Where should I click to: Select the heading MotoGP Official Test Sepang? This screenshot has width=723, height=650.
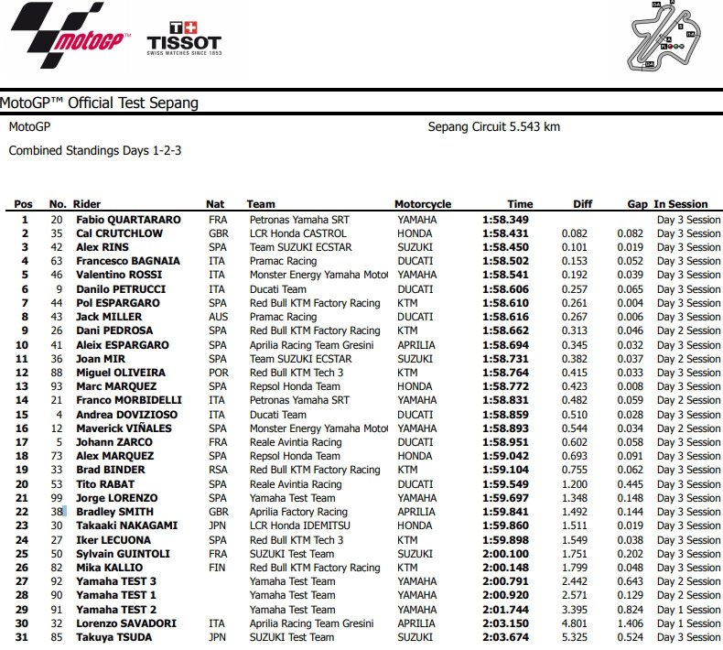pyautogui.click(x=100, y=103)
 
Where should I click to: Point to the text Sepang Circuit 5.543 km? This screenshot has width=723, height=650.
pyautogui.click(x=493, y=126)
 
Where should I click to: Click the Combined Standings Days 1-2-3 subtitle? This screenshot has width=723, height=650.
pyautogui.click(x=94, y=149)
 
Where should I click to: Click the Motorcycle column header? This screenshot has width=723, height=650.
pyautogui.click(x=422, y=204)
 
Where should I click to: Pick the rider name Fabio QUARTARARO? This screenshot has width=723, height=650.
pyautogui.click(x=128, y=220)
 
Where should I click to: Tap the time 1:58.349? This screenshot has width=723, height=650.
pyautogui.click(x=507, y=220)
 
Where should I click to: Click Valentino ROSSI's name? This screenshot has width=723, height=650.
pyautogui.click(x=119, y=275)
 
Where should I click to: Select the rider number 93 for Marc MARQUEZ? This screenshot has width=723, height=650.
pyautogui.click(x=58, y=386)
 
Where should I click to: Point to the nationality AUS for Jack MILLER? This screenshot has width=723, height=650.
pyautogui.click(x=216, y=317)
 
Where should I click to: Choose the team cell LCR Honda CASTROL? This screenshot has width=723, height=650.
pyautogui.click(x=298, y=233)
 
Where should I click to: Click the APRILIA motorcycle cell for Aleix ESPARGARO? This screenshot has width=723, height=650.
pyautogui.click(x=417, y=344)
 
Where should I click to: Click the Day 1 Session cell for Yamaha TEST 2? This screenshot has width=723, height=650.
pyautogui.click(x=688, y=610)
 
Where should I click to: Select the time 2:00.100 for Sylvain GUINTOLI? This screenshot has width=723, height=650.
pyautogui.click(x=507, y=554)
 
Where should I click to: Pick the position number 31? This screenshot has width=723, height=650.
pyautogui.click(x=24, y=637)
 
